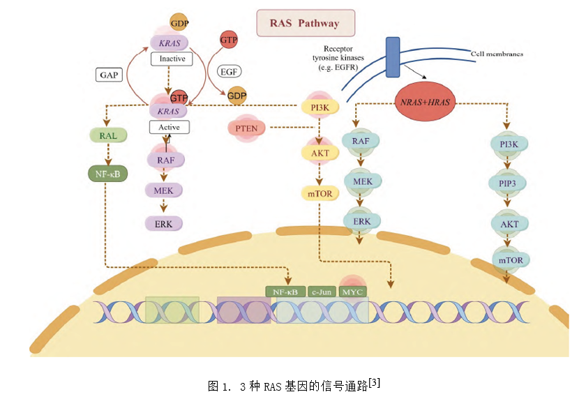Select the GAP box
[109, 74]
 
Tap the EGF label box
[229, 72]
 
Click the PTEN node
[248, 128]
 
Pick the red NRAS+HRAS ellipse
[426, 102]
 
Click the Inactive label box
[172, 59]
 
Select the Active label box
[169, 128]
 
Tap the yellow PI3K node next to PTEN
[320, 107]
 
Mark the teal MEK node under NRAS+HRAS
[363, 181]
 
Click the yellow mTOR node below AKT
[320, 193]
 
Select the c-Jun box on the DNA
[322, 292]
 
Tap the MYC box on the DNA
[353, 292]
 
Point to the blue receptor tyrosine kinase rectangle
[393, 57]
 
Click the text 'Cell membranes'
[497, 54]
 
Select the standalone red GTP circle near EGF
[229, 40]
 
